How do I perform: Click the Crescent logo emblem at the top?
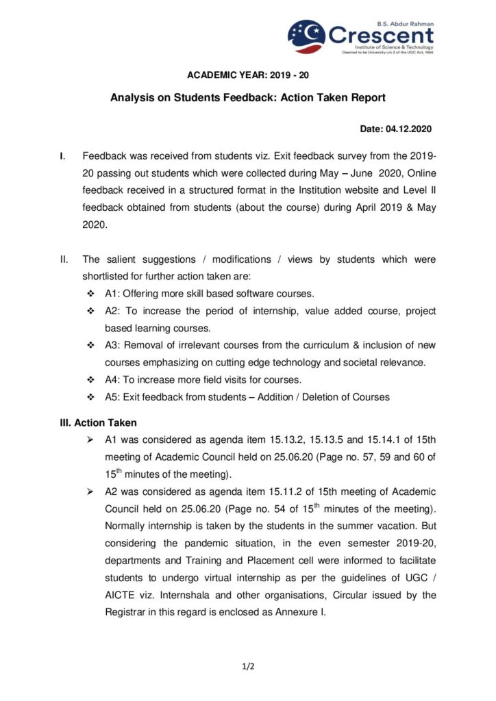coord(307,36)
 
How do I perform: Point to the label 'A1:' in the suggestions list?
coord(112,294)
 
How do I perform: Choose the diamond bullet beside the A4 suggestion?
coord(90,380)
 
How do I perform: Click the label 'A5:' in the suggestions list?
coord(112,397)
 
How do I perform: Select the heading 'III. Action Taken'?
coord(99,422)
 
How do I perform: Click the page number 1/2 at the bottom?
coord(248,665)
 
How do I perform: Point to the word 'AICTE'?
coord(121,595)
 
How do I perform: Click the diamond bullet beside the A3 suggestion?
coord(90,345)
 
